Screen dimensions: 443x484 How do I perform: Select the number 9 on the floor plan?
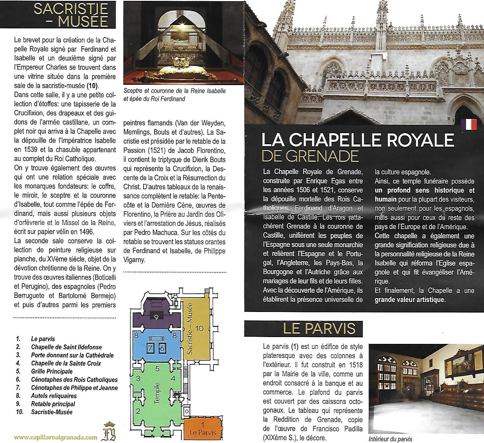point(156,317)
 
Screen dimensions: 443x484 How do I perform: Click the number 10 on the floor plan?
point(199,328)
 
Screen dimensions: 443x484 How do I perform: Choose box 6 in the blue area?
point(162,347)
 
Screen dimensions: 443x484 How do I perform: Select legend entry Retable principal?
point(53,404)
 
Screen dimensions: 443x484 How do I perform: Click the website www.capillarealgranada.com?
point(56,438)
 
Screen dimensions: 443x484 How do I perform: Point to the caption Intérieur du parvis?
point(390,439)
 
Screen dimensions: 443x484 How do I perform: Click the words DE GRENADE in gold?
point(310,156)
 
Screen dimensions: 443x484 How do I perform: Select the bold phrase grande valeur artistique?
point(410,299)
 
